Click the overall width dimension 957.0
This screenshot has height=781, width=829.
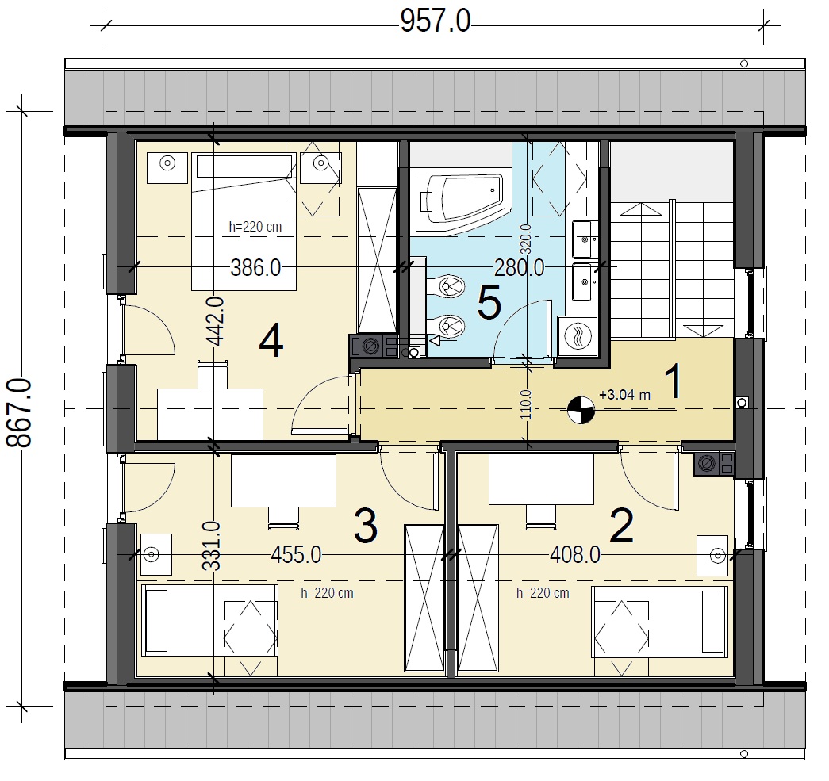tap(435, 22)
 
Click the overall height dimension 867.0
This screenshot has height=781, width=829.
tap(20, 412)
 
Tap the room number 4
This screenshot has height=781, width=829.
tap(271, 342)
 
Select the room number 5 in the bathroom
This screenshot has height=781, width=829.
tap(489, 303)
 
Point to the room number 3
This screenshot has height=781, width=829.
tap(366, 526)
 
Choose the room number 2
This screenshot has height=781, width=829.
tap(621, 526)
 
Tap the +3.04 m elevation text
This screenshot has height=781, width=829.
tap(624, 395)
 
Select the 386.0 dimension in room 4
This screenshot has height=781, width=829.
tap(255, 269)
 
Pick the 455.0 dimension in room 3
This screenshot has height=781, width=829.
tap(296, 555)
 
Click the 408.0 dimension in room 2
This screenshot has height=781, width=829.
tap(575, 555)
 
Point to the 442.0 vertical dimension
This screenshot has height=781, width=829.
tap(216, 321)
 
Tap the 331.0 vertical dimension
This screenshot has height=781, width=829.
tap(212, 546)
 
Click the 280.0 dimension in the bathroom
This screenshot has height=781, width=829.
tap(519, 269)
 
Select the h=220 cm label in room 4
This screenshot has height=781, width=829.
tap(255, 227)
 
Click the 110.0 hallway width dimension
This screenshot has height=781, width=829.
tap(526, 404)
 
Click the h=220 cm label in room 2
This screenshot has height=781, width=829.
tap(543, 593)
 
